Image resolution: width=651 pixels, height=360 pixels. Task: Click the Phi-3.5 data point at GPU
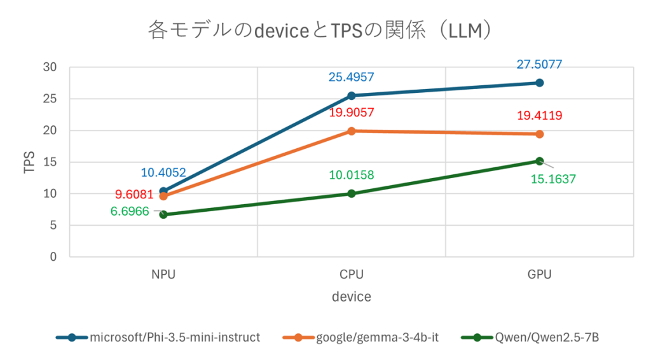click(x=539, y=83)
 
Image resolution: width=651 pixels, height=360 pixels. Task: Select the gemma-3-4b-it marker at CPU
click(x=351, y=131)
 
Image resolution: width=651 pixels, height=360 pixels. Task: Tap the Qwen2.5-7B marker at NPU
click(x=163, y=214)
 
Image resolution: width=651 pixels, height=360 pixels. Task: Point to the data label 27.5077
click(x=539, y=64)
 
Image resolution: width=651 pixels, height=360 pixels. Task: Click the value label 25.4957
click(x=351, y=78)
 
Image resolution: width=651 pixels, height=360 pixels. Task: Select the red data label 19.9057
click(x=351, y=113)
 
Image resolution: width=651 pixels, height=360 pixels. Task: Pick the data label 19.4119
click(x=539, y=116)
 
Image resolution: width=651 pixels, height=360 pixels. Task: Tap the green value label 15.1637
click(x=553, y=179)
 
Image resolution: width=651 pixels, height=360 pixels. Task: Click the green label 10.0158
click(x=351, y=175)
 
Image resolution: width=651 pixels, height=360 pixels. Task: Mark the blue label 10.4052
click(x=163, y=172)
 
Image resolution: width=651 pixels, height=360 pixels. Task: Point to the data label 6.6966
click(x=130, y=212)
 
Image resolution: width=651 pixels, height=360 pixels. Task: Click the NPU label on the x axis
click(x=163, y=275)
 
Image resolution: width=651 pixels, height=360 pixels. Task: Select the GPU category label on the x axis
click(x=539, y=275)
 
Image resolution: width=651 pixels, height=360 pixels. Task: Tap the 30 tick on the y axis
click(x=50, y=67)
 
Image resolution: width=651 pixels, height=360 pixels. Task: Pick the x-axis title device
click(x=351, y=297)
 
